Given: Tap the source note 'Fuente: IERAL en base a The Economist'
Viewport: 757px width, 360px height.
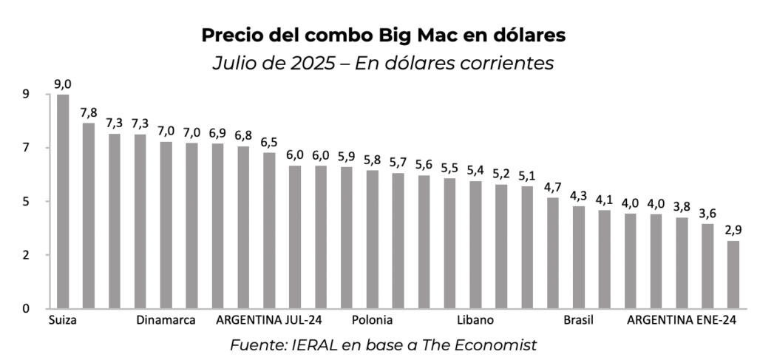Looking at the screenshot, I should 383,344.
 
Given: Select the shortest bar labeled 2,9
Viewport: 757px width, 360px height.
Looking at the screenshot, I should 733,274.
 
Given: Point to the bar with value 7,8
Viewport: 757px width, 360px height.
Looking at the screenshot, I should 89,215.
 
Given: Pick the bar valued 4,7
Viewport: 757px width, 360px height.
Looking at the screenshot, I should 552,252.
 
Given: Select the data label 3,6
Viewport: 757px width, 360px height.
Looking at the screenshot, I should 707,214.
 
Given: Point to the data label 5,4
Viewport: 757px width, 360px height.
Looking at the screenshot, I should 475,171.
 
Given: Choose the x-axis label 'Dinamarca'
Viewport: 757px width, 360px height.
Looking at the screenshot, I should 166,320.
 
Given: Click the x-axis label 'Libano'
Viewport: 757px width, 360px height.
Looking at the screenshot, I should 475,320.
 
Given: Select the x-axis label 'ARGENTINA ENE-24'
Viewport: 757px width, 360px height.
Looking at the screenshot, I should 682,320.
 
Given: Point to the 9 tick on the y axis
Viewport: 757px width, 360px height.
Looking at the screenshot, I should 26,95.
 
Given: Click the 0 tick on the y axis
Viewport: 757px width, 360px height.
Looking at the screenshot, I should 26,308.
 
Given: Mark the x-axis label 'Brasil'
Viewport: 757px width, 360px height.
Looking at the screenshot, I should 578,320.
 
